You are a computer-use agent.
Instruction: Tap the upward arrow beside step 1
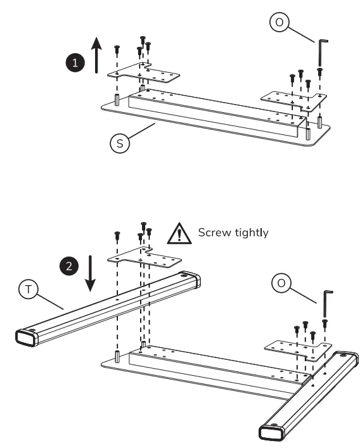[96, 54]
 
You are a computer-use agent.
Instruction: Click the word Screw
[215, 233]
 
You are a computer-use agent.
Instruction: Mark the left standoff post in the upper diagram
[117, 100]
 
